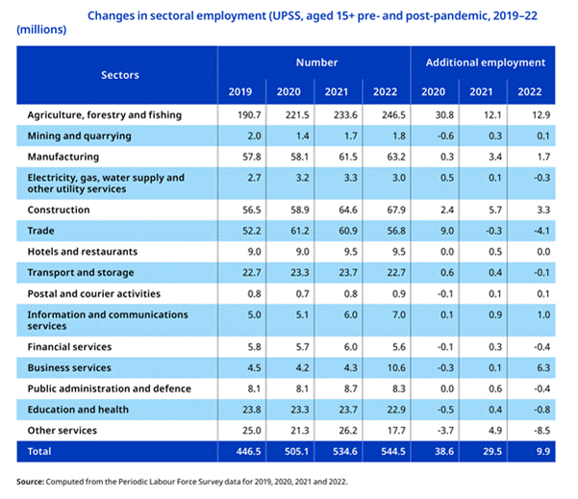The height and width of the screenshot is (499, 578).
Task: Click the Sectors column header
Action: [x=120, y=75]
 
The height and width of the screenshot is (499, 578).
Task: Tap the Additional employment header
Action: [x=486, y=62]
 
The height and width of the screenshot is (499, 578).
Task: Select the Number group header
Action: [x=316, y=62]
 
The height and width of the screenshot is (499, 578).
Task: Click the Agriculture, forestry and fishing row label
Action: [x=105, y=115]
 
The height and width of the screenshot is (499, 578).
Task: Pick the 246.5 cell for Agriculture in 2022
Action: [x=393, y=115]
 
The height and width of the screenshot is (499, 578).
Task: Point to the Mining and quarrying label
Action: [x=79, y=136]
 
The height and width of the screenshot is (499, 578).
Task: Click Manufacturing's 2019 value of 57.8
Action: [x=252, y=157]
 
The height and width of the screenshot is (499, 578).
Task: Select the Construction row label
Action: [x=59, y=210]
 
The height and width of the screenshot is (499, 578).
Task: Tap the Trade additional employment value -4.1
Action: [x=541, y=231]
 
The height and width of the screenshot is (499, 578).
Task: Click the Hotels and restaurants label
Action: [x=83, y=252]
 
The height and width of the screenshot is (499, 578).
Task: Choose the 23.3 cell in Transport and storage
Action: [x=300, y=273]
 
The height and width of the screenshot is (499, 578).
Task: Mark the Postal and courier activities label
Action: [x=94, y=293]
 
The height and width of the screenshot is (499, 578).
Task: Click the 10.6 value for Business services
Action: [x=396, y=368]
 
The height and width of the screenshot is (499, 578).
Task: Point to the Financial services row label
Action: [x=69, y=347]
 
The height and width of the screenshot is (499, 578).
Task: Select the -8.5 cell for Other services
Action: [x=541, y=431]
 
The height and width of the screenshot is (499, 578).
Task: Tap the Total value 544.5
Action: [x=393, y=452]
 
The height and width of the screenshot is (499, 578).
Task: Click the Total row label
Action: [x=39, y=452]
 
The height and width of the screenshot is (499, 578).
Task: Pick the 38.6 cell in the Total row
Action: [x=444, y=452]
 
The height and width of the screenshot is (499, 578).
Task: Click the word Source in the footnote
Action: [x=30, y=482]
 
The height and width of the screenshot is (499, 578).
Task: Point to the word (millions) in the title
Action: [x=41, y=30]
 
